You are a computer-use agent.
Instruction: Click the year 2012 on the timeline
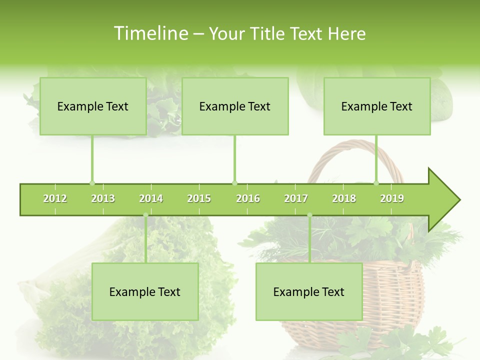point(55,198)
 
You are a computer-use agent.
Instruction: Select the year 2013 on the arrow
point(103,198)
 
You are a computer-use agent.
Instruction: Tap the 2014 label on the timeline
point(151,198)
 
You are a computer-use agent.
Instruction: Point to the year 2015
point(199,198)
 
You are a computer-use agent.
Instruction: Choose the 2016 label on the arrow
point(248,198)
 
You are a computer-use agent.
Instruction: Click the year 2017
point(296,198)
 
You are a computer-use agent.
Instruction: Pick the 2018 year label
point(344,198)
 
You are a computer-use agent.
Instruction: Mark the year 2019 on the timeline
point(392,198)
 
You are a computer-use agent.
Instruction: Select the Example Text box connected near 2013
point(93,106)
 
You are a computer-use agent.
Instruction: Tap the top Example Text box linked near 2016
point(235,106)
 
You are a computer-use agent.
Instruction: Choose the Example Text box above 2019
point(377,106)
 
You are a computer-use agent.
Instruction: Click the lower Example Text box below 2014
point(145,291)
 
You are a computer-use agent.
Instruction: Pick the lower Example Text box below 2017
point(309,291)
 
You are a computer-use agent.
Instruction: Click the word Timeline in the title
point(149,33)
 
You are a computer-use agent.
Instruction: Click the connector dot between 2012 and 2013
point(92,183)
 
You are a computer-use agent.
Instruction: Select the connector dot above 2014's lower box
point(145,215)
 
